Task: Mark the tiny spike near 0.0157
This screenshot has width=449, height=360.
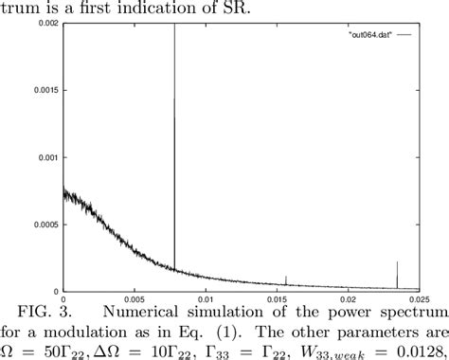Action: click(286, 279)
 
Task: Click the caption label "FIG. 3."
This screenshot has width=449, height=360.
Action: click(51, 312)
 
